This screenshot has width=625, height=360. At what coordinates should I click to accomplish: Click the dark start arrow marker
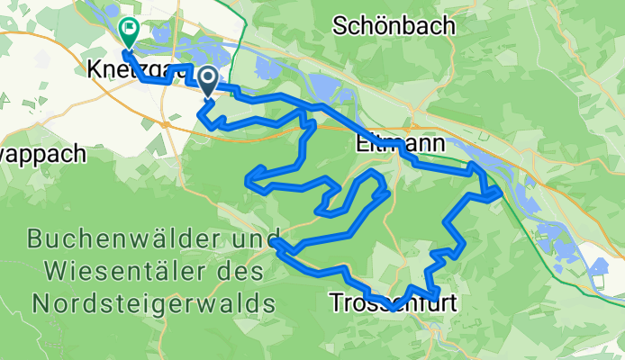[207, 82]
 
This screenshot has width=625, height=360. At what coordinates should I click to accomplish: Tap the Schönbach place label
[394, 26]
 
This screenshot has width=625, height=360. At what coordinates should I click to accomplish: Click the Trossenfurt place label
[394, 302]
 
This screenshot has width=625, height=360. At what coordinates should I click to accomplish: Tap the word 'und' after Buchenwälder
[251, 240]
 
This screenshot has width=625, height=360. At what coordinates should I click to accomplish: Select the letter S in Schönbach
[340, 26]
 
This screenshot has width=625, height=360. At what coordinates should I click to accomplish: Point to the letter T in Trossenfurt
[336, 302]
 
